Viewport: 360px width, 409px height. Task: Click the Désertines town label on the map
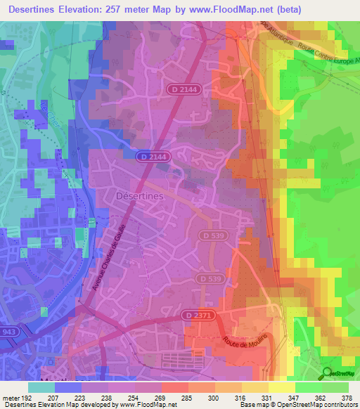tap(139, 197)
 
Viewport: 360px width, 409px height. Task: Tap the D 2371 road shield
tap(198, 314)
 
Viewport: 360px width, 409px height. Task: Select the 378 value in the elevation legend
tap(348, 397)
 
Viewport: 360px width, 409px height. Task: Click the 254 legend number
tap(134, 397)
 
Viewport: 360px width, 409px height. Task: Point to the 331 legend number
tap(267, 397)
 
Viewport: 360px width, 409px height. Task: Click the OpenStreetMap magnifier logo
tap(327, 372)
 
